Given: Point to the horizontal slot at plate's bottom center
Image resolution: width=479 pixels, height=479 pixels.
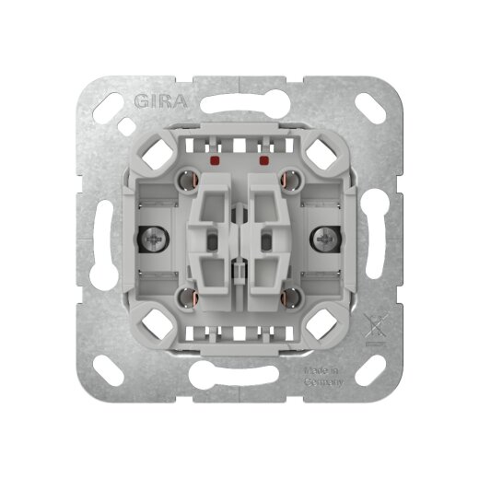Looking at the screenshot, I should click(x=239, y=385).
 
